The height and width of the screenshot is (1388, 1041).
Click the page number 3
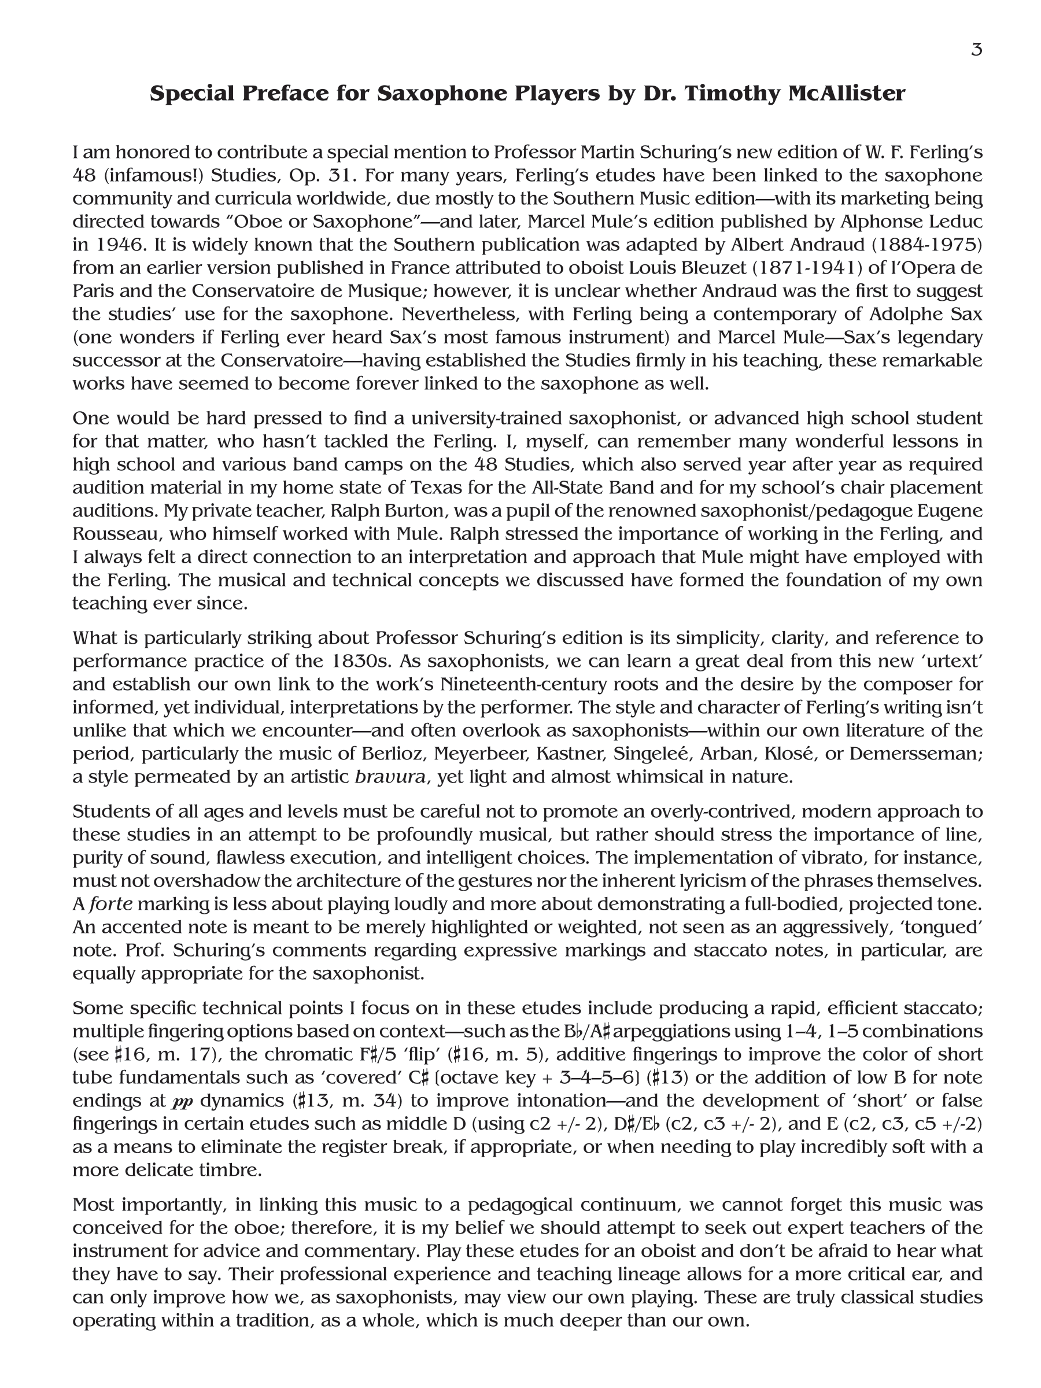(976, 50)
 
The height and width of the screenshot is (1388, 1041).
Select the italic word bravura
(390, 777)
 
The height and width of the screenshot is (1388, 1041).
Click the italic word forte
(111, 904)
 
